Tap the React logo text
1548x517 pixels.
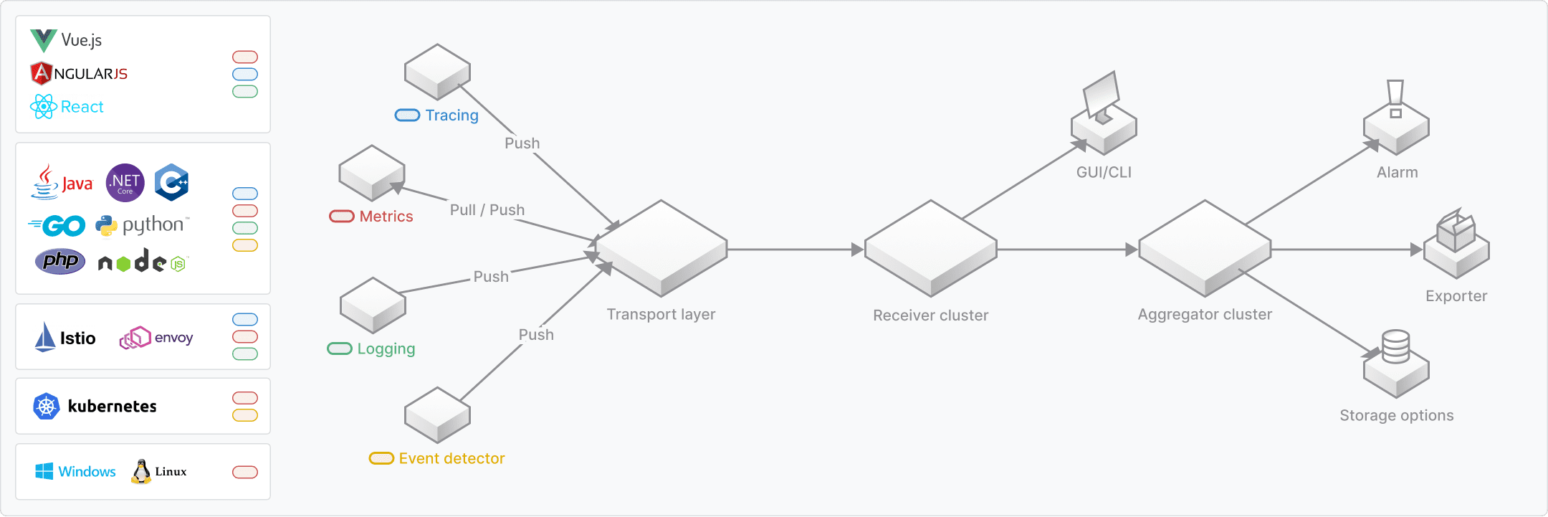tap(82, 107)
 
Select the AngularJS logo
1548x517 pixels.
tap(79, 73)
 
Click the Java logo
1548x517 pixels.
tap(62, 183)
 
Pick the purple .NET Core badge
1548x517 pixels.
tap(125, 183)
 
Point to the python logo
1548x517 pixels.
tap(143, 225)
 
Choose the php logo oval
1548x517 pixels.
tap(60, 261)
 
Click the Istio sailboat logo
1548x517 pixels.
tap(45, 337)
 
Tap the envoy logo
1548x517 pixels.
tap(156, 338)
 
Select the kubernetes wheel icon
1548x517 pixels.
tap(47, 407)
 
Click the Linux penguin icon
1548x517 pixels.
tap(141, 471)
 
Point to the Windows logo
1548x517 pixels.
tap(44, 471)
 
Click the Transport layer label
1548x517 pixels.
tap(661, 314)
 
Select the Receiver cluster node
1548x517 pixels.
tap(930, 248)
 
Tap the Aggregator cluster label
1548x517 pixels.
tap(1205, 314)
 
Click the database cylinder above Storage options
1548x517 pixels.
tap(1395, 346)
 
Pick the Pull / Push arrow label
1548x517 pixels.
tap(487, 210)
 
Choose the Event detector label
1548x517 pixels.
tap(451, 458)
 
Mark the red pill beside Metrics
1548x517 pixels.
tap(342, 217)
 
